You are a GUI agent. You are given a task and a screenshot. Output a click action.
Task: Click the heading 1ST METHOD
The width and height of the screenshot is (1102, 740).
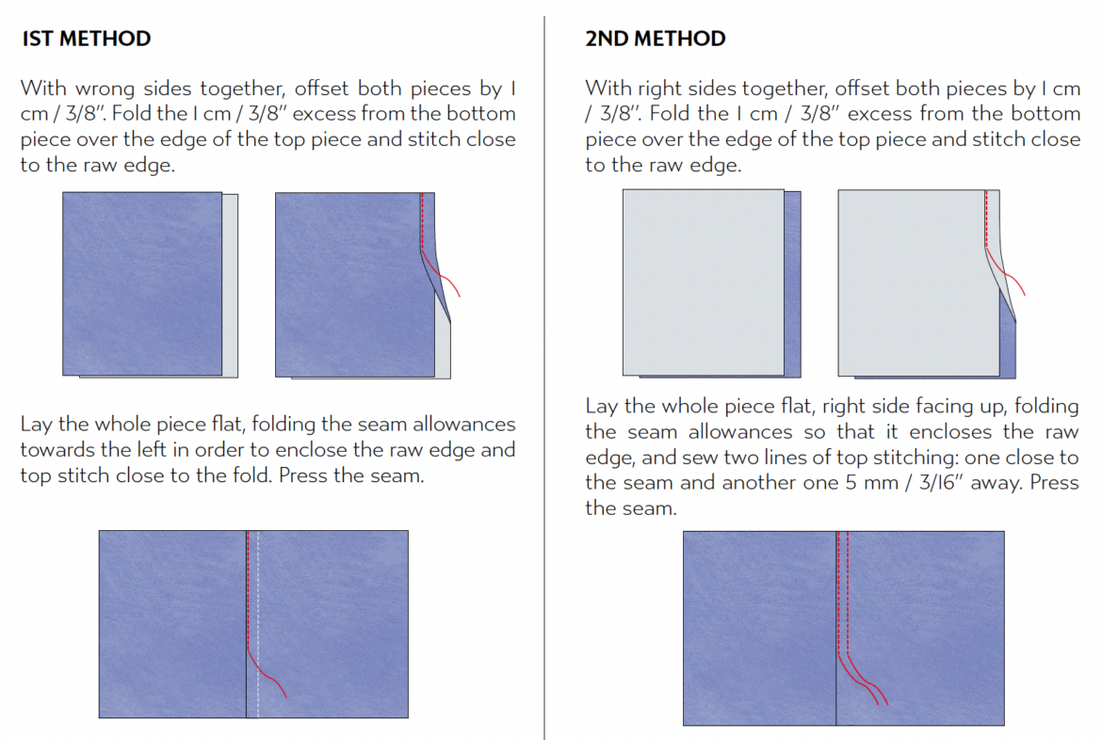(87, 39)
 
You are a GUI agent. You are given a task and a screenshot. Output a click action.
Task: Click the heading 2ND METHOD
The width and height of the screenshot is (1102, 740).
(655, 39)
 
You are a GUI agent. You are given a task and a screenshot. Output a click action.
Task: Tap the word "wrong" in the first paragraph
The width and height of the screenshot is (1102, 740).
(105, 89)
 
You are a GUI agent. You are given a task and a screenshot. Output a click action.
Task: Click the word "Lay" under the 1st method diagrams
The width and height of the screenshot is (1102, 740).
(36, 425)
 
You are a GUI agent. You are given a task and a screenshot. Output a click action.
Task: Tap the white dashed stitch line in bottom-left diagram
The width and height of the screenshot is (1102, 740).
(258, 624)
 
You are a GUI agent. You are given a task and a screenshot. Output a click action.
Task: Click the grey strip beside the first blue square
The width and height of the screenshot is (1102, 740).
(230, 285)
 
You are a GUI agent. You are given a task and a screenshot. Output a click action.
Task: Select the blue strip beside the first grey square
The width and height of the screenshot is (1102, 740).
(793, 284)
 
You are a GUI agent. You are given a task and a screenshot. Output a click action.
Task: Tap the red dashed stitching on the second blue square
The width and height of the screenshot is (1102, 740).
(422, 220)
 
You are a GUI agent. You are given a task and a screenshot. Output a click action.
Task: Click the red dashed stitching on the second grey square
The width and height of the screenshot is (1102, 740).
(987, 218)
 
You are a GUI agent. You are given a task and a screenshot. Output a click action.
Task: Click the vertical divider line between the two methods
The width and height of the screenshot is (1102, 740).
(544, 378)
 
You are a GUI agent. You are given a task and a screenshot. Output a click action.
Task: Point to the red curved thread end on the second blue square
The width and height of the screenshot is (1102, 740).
(440, 272)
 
